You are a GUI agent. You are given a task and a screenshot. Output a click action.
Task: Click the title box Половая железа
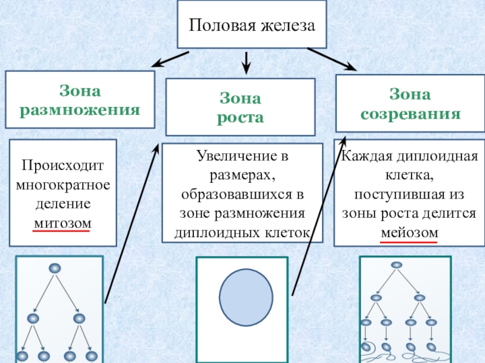click(x=252, y=26)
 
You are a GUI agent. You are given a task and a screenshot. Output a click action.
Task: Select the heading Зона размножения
click(x=80, y=100)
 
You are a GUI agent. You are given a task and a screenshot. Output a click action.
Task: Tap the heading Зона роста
click(x=240, y=107)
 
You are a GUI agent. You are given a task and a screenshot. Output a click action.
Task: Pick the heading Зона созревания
click(x=410, y=103)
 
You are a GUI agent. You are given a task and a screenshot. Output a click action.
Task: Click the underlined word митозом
click(x=62, y=223)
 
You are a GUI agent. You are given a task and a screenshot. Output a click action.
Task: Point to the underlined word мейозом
click(x=409, y=233)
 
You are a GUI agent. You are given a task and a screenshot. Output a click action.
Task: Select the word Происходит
click(x=63, y=165)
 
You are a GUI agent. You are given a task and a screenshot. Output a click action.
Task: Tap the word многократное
click(x=63, y=184)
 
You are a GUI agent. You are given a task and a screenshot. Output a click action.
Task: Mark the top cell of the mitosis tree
click(x=55, y=268)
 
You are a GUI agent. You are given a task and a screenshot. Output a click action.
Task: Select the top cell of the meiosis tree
click(x=396, y=264)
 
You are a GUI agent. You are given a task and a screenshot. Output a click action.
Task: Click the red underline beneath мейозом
click(x=409, y=241)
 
